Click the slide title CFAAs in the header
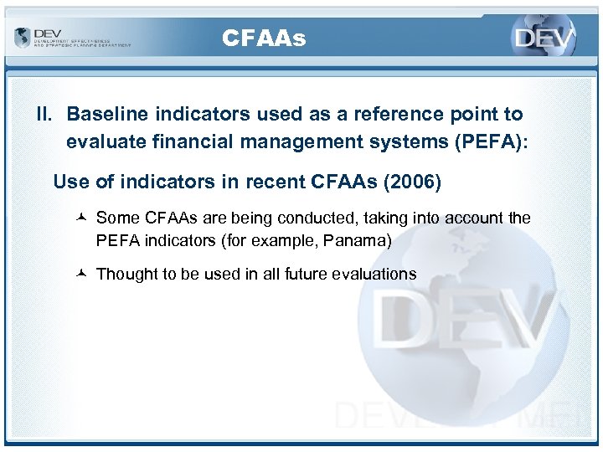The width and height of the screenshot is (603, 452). pyautogui.click(x=264, y=39)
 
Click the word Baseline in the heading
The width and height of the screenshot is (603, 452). pyautogui.click(x=105, y=114)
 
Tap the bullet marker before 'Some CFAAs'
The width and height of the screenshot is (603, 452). pyautogui.click(x=81, y=218)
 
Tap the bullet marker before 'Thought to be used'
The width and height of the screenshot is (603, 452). pyautogui.click(x=81, y=274)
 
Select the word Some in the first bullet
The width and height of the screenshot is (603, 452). pyautogui.click(x=118, y=218)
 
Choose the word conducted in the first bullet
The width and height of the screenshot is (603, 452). pyautogui.click(x=317, y=218)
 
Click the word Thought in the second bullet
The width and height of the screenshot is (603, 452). pyautogui.click(x=125, y=274)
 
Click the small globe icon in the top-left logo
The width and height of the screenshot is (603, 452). pyautogui.click(x=22, y=38)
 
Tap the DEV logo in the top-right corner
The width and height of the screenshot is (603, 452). pyautogui.click(x=544, y=38)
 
